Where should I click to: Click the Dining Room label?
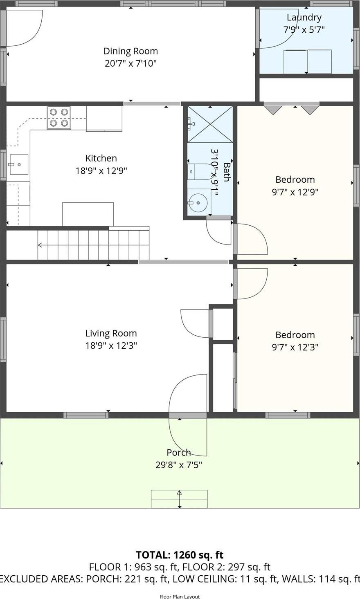coord(130,51)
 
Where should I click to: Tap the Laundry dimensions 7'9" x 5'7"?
coord(304,29)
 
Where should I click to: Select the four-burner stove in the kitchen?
coord(59,118)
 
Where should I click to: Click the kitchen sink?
coord(18,164)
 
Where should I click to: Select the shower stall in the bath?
coord(210,124)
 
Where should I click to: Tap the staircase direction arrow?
coord(40,245)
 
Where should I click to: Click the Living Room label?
coord(111,333)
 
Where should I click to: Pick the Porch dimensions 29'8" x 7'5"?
coord(179,465)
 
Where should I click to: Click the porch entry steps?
coord(179,499)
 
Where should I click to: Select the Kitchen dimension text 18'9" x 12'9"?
coord(101,171)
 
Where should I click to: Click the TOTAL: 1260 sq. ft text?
coord(180,555)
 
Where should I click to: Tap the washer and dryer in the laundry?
coord(308,61)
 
